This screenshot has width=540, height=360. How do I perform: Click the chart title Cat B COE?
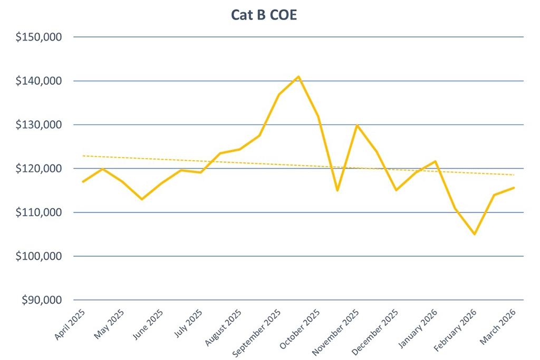[x=264, y=15]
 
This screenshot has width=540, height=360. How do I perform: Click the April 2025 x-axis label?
[x=71, y=324]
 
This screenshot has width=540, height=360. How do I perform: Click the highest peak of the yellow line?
[x=298, y=76]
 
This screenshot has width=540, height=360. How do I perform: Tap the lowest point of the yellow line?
[x=475, y=234]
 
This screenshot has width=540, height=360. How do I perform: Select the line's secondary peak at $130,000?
[x=357, y=125]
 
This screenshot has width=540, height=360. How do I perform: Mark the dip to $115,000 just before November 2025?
[x=337, y=190]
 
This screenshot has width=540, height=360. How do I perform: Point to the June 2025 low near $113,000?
[x=142, y=199]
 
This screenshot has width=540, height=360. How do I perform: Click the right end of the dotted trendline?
[x=514, y=175]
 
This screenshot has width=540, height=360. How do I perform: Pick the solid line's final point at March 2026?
[x=514, y=188]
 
